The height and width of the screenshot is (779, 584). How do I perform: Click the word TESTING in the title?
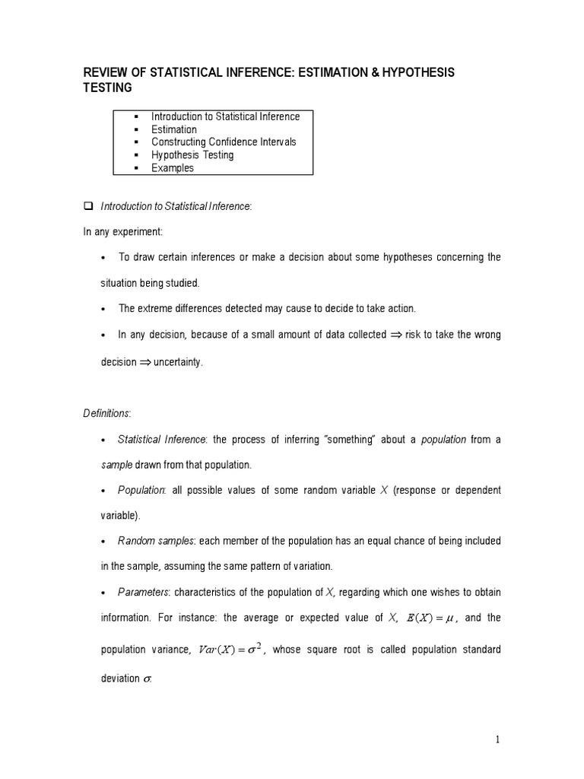pos(107,88)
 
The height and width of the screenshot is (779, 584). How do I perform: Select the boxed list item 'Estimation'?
pos(173,129)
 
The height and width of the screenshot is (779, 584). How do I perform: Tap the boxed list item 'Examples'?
pos(173,168)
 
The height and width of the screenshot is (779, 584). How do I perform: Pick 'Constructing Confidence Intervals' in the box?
pos(224,142)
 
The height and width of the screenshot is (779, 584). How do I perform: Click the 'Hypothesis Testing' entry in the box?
pos(192,155)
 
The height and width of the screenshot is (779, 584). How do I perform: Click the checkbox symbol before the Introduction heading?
pos(87,206)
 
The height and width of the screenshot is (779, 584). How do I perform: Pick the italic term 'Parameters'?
pos(144,592)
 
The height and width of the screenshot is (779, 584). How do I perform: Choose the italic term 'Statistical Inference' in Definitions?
pos(161,440)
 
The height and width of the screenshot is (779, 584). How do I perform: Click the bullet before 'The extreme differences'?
pos(103,309)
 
